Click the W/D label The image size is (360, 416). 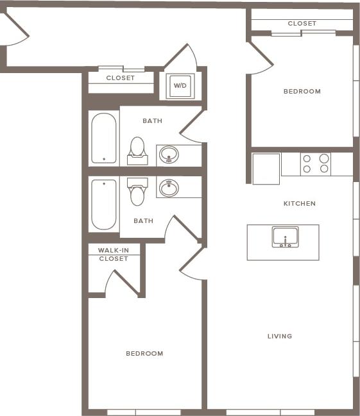pos(180,85)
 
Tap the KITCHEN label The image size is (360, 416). pos(300,204)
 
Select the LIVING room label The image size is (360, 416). pos(280,336)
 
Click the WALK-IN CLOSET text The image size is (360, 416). pos(113,254)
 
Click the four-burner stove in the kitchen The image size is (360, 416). pos(316,164)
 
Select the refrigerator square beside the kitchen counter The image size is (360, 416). pos(266,169)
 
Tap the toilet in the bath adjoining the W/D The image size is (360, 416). pos(137,147)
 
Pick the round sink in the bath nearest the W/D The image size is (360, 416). pos(169,154)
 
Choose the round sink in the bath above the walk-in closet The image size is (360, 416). pos(169,188)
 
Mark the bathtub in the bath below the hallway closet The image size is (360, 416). pos(104,138)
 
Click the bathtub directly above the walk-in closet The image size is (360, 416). pos(104,204)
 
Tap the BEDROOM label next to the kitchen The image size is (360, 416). pos(302,92)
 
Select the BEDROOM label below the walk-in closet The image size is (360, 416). pos(144,353)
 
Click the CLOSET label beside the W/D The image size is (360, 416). pos(120,78)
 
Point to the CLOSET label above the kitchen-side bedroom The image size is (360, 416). pos(302,24)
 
